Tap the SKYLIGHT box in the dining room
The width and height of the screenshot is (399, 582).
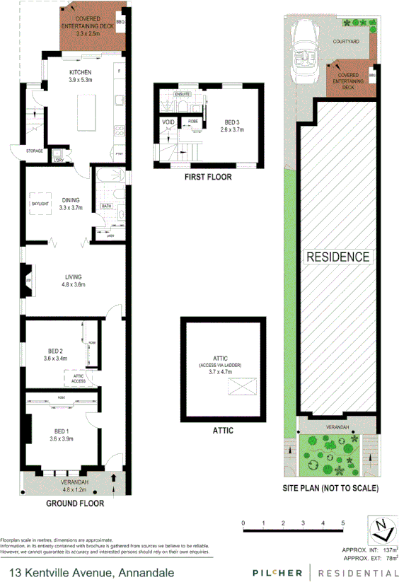click(x=39, y=204)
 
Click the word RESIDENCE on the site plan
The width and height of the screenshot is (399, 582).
click(x=337, y=257)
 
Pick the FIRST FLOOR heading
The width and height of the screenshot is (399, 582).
click(x=207, y=177)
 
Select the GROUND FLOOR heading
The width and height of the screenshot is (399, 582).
click(x=75, y=504)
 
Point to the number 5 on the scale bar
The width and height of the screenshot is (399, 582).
click(x=343, y=523)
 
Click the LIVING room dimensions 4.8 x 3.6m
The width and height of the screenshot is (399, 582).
click(x=74, y=285)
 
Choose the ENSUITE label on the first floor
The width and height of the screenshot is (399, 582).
click(x=184, y=93)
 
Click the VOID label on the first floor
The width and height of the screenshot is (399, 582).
click(x=168, y=122)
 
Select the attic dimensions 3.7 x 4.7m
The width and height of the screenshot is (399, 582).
click(x=221, y=372)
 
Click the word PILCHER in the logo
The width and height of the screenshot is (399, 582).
click(x=278, y=571)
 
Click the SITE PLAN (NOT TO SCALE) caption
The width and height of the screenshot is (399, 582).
click(x=330, y=489)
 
